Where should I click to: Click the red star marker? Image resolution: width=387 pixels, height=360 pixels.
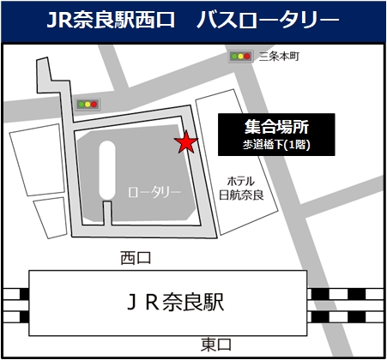pos(184,142)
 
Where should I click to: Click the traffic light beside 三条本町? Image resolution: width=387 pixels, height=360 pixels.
pos(240,57)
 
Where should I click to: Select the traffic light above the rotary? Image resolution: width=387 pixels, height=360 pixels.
pos(87,105)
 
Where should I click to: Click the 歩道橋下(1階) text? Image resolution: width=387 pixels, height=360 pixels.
pos(275,145)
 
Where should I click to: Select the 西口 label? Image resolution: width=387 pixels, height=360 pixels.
pos(136,256)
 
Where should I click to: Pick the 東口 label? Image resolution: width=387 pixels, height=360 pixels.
pos(215,344)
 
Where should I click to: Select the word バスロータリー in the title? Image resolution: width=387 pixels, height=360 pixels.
pos(267,19)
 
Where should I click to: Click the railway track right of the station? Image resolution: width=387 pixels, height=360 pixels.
pos(348,302)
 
